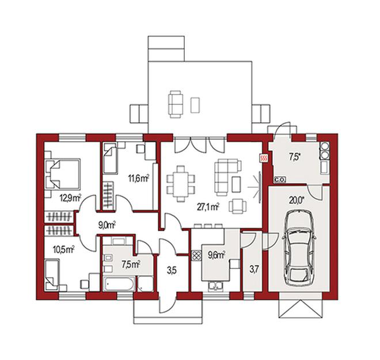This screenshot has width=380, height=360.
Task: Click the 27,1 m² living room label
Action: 208,207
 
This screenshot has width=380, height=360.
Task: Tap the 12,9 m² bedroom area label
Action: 70,198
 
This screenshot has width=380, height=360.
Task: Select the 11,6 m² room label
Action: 138,179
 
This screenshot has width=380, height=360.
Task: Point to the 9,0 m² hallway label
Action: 107,225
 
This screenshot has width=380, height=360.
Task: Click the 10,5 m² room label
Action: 63,249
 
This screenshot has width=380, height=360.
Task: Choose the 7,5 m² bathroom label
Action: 131,264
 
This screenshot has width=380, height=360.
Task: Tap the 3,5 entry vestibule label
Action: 172,271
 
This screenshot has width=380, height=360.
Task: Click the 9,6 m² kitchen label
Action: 216,255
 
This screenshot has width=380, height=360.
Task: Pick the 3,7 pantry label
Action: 253,269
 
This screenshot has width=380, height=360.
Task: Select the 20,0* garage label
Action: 297,200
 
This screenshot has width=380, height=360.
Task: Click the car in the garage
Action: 299,248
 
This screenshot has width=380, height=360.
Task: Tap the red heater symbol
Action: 264,158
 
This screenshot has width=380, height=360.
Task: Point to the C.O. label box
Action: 280,180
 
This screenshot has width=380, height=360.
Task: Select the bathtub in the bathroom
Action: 119,283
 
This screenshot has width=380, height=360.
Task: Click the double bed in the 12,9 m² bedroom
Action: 63,174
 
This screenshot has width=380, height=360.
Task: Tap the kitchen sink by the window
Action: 215,286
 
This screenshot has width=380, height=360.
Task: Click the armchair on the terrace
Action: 176,104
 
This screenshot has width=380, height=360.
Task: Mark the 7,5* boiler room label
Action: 295,157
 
